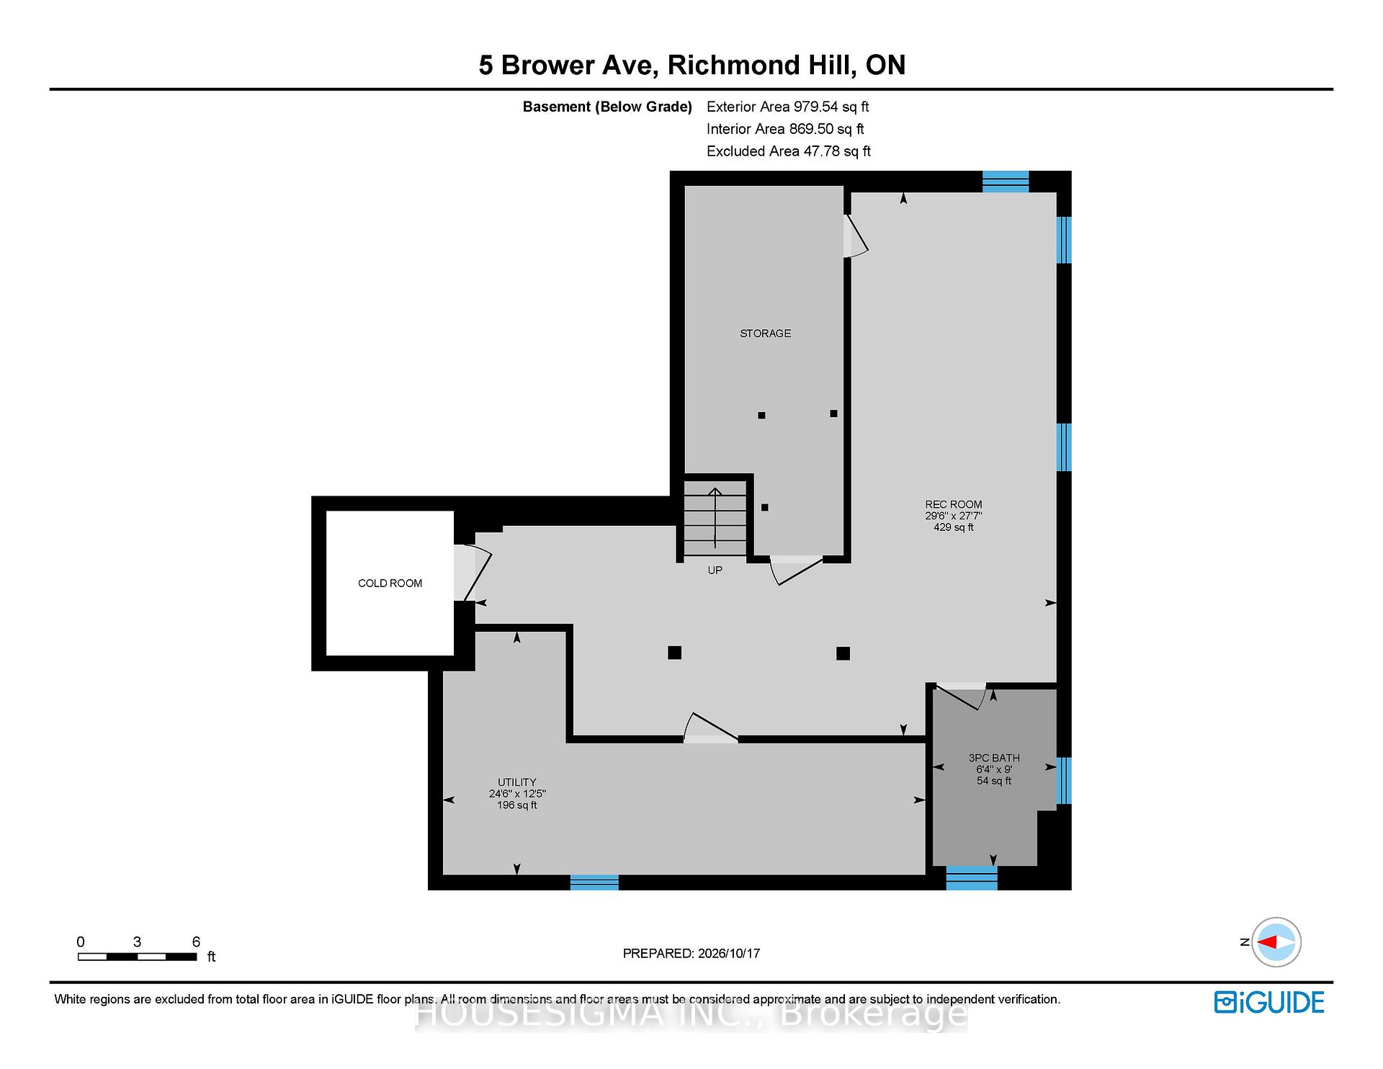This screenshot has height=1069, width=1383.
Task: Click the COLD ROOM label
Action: click(x=390, y=583)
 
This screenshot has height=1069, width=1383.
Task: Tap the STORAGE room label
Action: click(x=765, y=334)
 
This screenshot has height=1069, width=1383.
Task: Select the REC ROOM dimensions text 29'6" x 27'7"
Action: click(x=954, y=516)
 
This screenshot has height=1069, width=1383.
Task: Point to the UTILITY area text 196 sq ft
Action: click(x=517, y=805)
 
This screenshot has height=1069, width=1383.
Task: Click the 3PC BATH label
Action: click(x=994, y=758)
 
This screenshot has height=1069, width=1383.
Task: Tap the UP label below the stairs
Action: click(x=715, y=570)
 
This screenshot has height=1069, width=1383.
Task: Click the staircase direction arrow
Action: click(x=715, y=518)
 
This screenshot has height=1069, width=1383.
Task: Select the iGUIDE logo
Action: click(x=1269, y=1002)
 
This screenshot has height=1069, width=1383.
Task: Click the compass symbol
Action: click(x=1276, y=942)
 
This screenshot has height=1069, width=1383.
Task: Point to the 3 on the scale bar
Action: click(x=137, y=942)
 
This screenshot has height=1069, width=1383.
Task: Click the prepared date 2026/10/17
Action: click(x=729, y=954)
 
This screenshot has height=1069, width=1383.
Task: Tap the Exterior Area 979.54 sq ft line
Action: click(x=787, y=107)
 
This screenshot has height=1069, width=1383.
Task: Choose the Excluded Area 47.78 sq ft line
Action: click(x=789, y=151)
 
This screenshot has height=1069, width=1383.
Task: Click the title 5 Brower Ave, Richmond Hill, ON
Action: click(x=691, y=66)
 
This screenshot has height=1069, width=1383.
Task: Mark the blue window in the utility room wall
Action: click(x=594, y=882)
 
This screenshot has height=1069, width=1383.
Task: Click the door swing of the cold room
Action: click(x=473, y=573)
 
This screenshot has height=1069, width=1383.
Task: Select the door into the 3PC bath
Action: click(x=960, y=696)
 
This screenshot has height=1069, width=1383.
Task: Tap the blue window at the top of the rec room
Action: click(x=1006, y=182)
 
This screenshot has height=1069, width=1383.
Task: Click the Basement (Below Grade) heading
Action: click(x=607, y=107)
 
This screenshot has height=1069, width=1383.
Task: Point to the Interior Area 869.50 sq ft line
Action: click(x=785, y=129)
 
